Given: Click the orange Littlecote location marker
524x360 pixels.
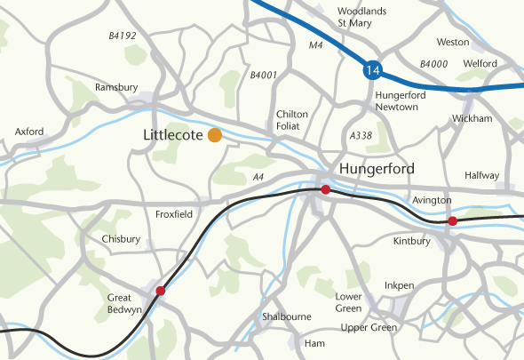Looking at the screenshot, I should tap(214, 135).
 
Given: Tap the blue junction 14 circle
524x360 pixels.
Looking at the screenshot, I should tap(370, 69).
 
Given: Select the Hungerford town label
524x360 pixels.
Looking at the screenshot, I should tap(376, 168).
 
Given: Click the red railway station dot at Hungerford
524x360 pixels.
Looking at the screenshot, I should tap(326, 189).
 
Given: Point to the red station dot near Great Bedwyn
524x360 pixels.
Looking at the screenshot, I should tap(161, 291).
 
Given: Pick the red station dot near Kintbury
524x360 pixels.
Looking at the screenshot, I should tap(452, 220).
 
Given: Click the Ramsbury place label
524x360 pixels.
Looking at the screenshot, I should tap(117, 87).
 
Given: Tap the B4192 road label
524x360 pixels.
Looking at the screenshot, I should tap(122, 36).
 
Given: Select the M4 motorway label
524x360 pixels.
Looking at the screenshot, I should tap(315, 45).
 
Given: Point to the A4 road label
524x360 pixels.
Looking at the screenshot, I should tap(259, 178).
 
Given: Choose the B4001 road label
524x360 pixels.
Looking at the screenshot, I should tap(264, 76).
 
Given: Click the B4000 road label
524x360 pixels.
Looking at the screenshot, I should tap(433, 64).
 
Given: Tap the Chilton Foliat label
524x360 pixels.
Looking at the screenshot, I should tap(292, 120).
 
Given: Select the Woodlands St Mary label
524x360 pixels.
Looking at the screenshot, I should tap(361, 16).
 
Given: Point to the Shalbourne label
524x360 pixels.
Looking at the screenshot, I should tap(286, 316).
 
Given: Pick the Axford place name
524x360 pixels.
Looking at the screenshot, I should tap(29, 132).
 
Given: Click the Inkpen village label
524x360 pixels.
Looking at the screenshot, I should tap(399, 285).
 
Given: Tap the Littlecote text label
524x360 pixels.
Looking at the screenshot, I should tap(172, 135).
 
